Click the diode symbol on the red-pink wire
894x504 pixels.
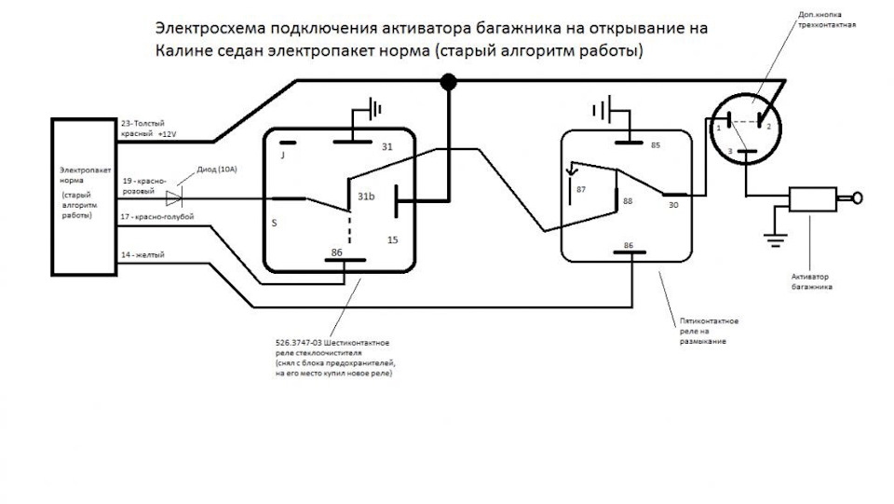point(173,198)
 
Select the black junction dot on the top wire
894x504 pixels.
point(448,84)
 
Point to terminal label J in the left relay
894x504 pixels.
point(282,157)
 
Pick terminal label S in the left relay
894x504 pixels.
point(274,224)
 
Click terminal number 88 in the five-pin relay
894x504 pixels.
point(628,201)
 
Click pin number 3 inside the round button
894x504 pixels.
point(731,151)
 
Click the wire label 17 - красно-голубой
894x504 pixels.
point(157,217)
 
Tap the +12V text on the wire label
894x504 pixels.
point(168,134)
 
